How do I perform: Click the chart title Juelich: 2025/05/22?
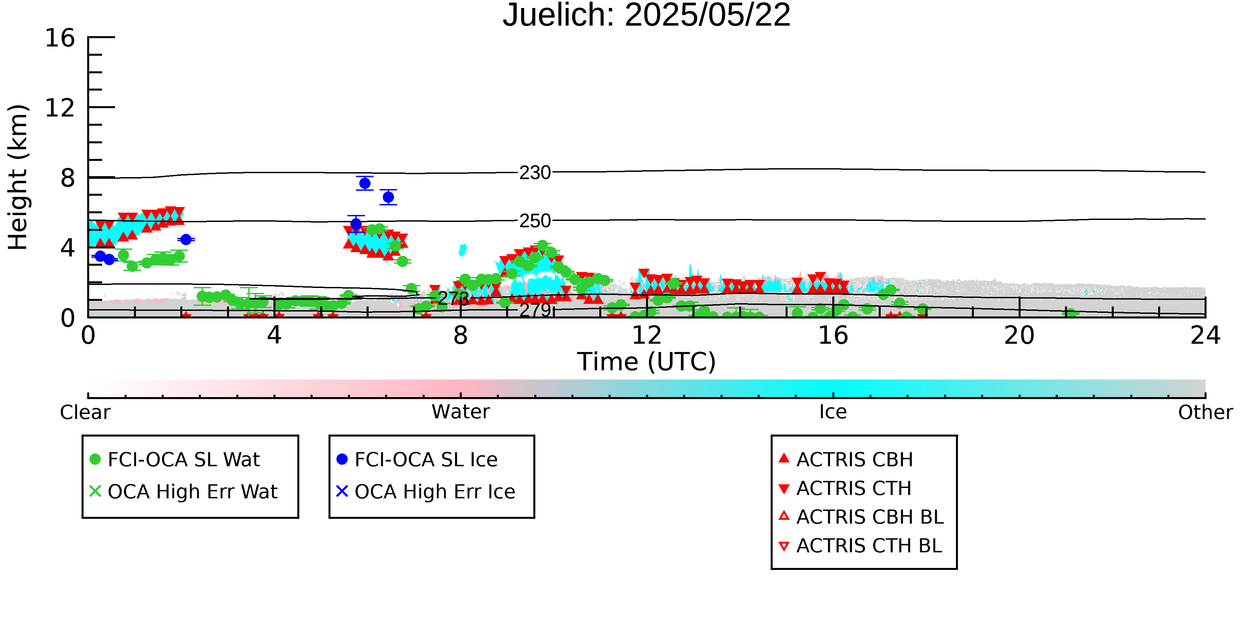[x=647, y=16]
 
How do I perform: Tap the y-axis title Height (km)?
[x=18, y=177]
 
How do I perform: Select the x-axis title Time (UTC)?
[x=647, y=362]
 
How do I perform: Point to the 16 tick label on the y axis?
[x=60, y=38]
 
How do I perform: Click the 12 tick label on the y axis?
[x=60, y=108]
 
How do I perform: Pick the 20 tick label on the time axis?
[x=1019, y=336]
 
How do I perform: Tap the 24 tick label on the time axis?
[x=1205, y=336]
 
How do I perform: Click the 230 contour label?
[x=535, y=173]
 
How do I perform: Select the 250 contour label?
[x=535, y=221]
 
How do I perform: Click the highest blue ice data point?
[x=365, y=183]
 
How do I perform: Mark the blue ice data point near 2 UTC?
[x=186, y=240]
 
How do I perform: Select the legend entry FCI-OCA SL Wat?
[x=175, y=459]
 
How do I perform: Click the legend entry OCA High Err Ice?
[x=426, y=492]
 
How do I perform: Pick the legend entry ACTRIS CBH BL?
[x=861, y=517]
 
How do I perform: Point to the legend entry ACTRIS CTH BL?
[x=860, y=546]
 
